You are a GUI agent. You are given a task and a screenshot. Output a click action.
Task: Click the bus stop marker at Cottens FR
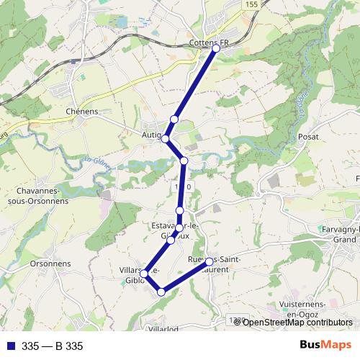point(215,48)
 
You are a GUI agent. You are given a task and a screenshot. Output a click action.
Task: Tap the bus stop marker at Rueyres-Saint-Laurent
point(209,261)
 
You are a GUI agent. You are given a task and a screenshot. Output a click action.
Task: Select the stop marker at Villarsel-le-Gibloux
point(145,273)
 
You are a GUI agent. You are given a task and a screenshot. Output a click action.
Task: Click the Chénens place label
point(81,112)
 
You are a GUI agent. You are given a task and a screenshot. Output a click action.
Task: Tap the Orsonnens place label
point(50,264)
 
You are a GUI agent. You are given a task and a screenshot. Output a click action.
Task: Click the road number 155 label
point(251,4)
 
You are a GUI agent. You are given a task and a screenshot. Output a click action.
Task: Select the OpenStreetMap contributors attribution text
point(297,323)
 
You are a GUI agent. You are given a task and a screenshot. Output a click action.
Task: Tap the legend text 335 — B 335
point(53,346)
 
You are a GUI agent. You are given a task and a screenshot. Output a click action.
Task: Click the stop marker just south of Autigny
point(184,161)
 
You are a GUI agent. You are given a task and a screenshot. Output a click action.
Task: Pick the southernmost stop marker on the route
point(161,292)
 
